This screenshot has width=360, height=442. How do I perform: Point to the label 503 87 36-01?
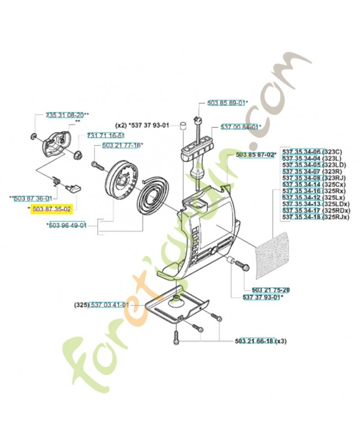(x=34, y=198)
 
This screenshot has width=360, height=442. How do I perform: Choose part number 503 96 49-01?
(x=68, y=225)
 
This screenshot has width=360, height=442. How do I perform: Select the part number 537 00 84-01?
(x=239, y=127)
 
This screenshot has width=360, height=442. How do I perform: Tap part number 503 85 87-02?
(x=254, y=155)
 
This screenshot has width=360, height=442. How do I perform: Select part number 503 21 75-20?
(x=262, y=290)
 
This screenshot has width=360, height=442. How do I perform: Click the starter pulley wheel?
(x=122, y=182)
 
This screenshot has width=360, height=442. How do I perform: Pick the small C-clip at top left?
(x=33, y=136)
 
